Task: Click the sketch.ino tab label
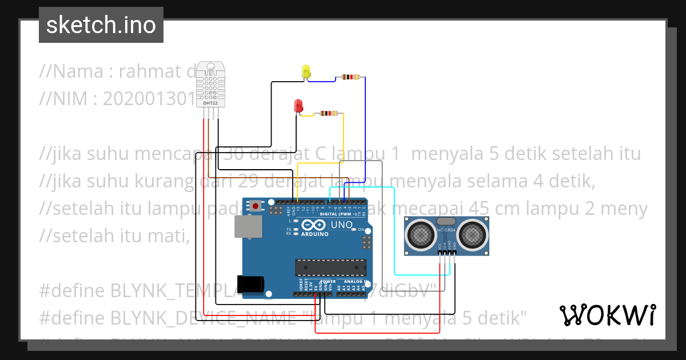click(x=101, y=25)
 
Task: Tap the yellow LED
click(x=306, y=72)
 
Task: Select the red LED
click(x=298, y=106)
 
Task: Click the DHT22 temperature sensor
click(x=210, y=84)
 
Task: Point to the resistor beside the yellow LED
click(x=350, y=77)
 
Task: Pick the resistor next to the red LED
click(x=328, y=114)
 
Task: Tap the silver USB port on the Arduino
click(x=248, y=226)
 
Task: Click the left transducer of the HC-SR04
click(x=421, y=233)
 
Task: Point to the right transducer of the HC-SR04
click(x=472, y=233)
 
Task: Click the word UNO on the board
click(x=341, y=225)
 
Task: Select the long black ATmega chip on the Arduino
click(x=330, y=267)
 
